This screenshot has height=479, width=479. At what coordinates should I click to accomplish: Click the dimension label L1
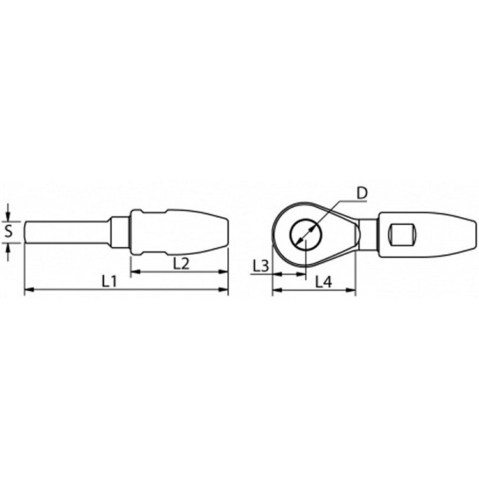click(110, 280)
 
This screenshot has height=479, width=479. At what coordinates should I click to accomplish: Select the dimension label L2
click(181, 262)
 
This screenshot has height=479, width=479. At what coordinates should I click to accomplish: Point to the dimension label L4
click(324, 280)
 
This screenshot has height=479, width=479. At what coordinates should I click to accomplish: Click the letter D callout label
click(361, 192)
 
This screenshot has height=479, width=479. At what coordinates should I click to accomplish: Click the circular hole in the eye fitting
click(305, 234)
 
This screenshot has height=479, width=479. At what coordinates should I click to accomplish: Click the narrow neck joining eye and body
click(368, 234)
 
